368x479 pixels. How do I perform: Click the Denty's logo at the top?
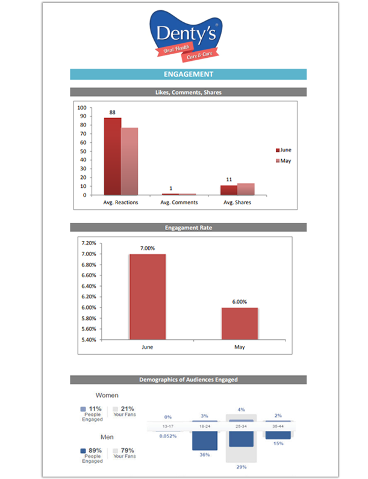click(187, 37)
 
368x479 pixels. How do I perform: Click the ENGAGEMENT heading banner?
click(188, 75)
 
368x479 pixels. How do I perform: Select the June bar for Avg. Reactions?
click(113, 156)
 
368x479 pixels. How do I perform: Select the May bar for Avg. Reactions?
click(129, 161)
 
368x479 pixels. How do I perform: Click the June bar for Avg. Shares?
click(229, 190)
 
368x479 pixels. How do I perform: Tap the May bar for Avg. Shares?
click(246, 189)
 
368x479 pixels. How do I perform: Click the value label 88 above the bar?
click(113, 112)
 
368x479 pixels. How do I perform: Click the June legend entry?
click(284, 150)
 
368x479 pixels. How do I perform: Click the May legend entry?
click(284, 161)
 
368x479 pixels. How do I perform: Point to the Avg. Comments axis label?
click(179, 202)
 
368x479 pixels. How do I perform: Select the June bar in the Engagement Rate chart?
click(148, 296)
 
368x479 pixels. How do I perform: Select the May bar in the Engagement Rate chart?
click(240, 324)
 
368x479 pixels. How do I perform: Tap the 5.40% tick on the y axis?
click(88, 340)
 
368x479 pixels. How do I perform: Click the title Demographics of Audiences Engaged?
click(188, 380)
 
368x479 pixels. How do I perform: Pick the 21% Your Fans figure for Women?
click(127, 409)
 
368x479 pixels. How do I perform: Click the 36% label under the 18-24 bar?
click(204, 455)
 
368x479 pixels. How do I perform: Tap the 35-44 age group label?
click(278, 426)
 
